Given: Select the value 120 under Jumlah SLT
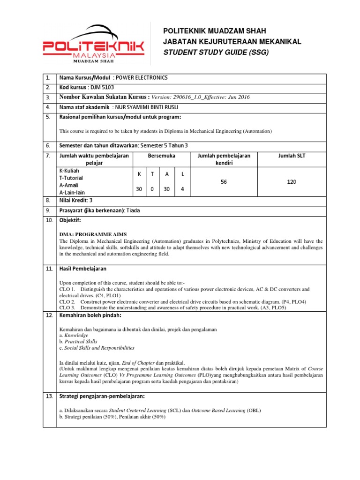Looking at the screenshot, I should (x=292, y=181).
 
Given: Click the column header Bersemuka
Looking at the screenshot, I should (x=162, y=155).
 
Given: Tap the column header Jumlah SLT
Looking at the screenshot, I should (x=292, y=155).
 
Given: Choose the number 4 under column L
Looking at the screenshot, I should (x=183, y=189).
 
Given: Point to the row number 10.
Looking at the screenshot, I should (x=48, y=220).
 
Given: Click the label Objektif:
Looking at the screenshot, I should (x=70, y=220).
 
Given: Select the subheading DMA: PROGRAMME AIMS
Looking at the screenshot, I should (x=93, y=234).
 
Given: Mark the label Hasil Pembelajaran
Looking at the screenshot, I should (x=82, y=269).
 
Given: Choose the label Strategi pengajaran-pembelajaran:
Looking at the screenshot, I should (x=102, y=397).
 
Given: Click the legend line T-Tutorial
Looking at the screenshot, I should (x=71, y=178).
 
